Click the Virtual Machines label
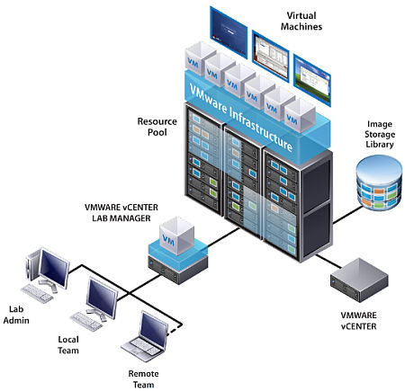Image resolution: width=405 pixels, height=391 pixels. pyautogui.click(x=301, y=21)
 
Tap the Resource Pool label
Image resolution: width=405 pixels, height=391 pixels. pyautogui.click(x=157, y=127)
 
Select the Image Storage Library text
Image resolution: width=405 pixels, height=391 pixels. pyautogui.click(x=380, y=134)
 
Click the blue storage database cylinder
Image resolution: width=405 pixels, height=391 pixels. pyautogui.click(x=379, y=182)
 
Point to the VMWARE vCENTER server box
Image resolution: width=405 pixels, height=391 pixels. pyautogui.click(x=359, y=280)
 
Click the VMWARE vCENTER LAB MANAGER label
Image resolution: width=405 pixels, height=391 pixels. pyautogui.click(x=121, y=213)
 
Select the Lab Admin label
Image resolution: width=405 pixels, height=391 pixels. pyautogui.click(x=16, y=315)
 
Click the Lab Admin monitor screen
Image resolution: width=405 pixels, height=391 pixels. pyautogui.click(x=54, y=268)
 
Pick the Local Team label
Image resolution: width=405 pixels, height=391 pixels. pyautogui.click(x=68, y=345)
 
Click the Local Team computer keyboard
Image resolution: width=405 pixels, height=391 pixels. pyautogui.click(x=85, y=321)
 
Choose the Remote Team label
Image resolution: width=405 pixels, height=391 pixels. pyautogui.click(x=143, y=379)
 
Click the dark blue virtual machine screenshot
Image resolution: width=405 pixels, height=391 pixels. pyautogui.click(x=229, y=32)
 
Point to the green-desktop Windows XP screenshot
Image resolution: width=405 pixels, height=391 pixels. pyautogui.click(x=312, y=80)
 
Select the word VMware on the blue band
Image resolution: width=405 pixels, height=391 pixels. pyautogui.click(x=208, y=98)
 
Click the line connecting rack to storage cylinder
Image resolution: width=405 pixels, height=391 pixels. pyautogui.click(x=347, y=215)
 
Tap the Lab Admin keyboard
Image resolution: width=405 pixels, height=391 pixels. pyautogui.click(x=37, y=293)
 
